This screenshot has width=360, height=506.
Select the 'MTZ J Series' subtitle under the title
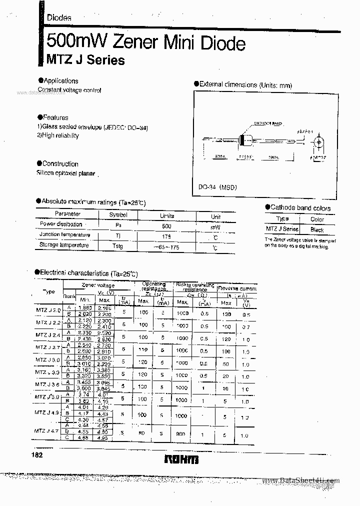[x=85, y=60]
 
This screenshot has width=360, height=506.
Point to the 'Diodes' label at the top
[x=59, y=17]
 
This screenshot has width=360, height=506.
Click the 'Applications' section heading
[x=60, y=80]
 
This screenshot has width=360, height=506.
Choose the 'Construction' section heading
[x=60, y=163]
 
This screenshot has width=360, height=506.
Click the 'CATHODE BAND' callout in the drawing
[x=268, y=122]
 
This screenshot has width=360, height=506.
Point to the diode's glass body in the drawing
[x=245, y=140]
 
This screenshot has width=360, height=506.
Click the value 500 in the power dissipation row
[x=166, y=226]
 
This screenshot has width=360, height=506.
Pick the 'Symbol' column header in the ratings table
[x=118, y=215]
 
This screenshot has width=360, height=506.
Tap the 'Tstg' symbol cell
[x=117, y=246]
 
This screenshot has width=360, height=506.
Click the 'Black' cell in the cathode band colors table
[x=317, y=229]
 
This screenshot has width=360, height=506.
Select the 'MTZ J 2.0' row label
[x=48, y=310]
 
